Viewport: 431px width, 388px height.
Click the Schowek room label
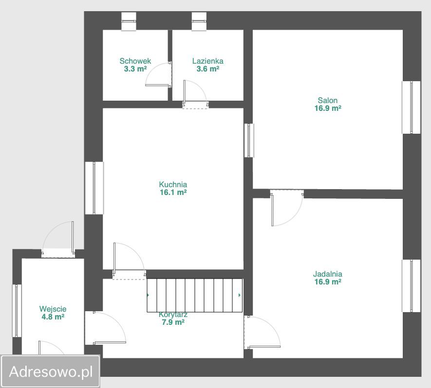coord(135,61)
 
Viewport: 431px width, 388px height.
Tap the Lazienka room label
coord(208,61)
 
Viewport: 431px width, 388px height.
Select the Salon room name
coord(328,100)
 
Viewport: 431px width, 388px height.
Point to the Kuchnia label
coord(173,184)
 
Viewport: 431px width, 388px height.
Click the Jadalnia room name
coord(328,274)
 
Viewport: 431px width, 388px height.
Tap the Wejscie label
coord(53,309)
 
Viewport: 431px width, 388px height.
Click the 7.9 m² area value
coord(173,322)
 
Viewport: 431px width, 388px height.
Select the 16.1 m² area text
coord(173,193)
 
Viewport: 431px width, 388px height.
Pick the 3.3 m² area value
coord(135,69)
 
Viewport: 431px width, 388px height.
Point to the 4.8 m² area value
coord(53,317)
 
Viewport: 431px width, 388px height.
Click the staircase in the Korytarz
coord(195,295)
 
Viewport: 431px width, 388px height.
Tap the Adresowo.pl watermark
coord(51,372)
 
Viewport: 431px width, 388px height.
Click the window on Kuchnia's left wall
coord(94,188)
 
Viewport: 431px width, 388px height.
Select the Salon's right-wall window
coord(412,107)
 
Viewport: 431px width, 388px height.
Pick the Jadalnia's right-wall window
coord(412,286)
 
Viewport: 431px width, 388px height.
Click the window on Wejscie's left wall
coord(17,311)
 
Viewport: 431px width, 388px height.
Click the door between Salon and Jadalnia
coord(287,208)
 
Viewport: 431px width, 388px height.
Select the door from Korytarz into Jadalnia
coord(262,333)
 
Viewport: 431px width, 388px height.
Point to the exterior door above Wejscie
coord(58,239)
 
